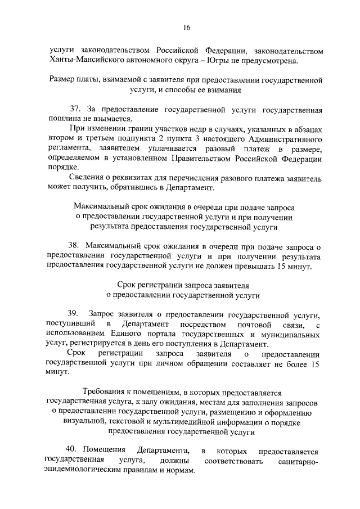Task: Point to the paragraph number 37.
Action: coord(74,109)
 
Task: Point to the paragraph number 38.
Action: coord(74,246)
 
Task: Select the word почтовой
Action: coord(258,324)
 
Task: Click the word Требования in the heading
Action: coord(103,392)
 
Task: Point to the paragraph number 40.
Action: coord(71,451)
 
